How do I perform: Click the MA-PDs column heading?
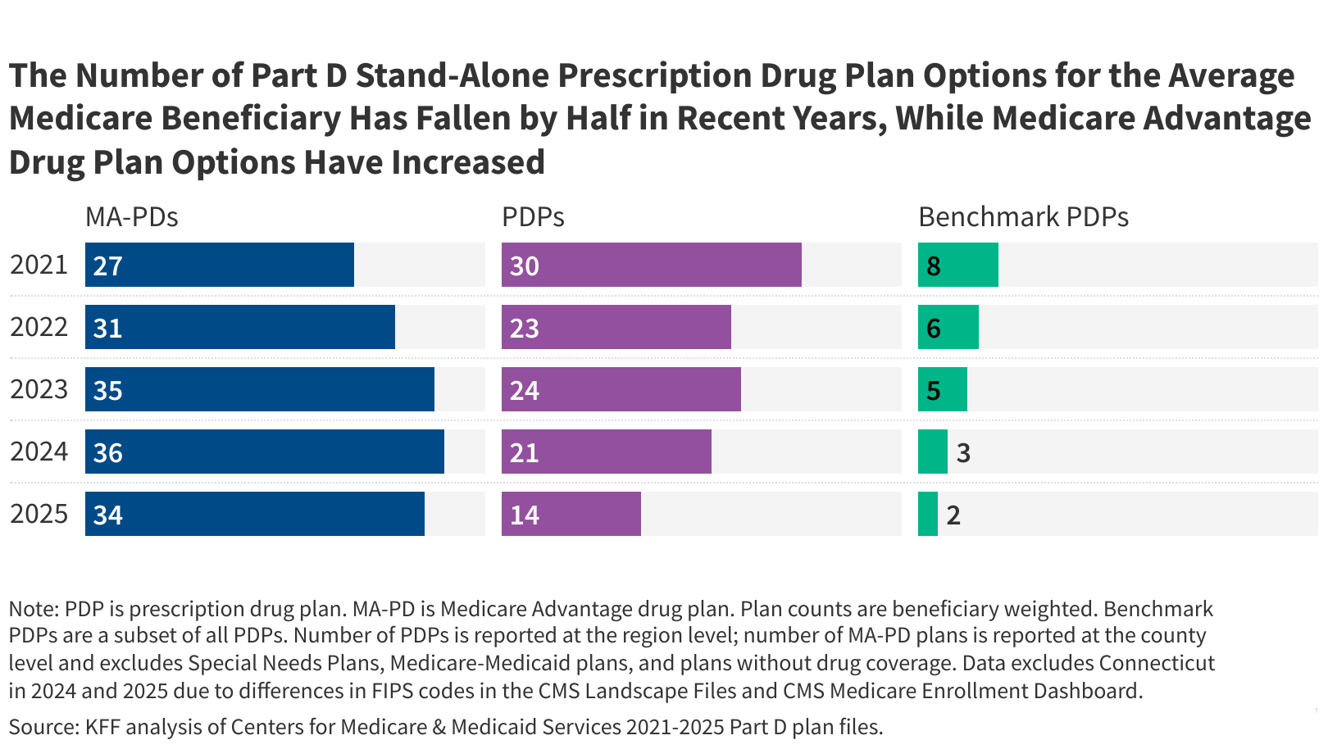(131, 217)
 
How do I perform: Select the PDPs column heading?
(533, 217)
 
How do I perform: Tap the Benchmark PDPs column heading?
(1023, 217)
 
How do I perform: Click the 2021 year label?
(39, 265)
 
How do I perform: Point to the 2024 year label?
(39, 452)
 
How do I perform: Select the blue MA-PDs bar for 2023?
(260, 389)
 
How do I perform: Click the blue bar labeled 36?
(265, 452)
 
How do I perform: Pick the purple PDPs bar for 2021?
(651, 265)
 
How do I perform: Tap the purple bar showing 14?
(571, 514)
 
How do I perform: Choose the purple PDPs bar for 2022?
(616, 327)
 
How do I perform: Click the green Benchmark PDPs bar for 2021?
(957, 265)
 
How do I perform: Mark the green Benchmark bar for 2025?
(927, 514)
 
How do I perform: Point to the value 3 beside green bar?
(963, 452)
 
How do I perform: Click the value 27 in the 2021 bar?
(107, 266)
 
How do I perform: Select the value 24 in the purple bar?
(524, 391)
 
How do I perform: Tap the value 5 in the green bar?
(933, 391)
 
